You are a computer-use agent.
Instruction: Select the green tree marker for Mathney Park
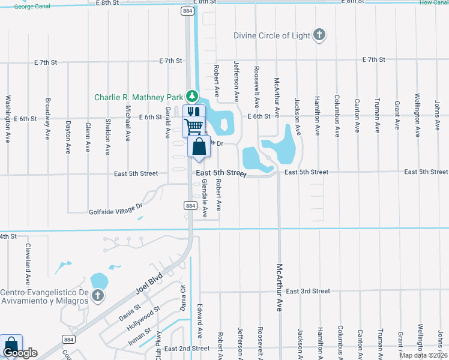[x=191, y=96]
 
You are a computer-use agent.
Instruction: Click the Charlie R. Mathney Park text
[x=138, y=97]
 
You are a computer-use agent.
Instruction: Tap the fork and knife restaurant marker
[x=194, y=112]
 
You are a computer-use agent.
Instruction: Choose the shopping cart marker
[x=193, y=126]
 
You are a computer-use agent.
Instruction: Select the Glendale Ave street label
[x=205, y=199]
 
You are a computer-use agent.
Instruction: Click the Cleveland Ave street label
[x=27, y=264]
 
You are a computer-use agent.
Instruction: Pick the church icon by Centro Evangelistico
[x=98, y=296]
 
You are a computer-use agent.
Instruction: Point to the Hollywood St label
[x=144, y=319]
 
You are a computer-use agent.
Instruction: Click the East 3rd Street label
[x=308, y=291]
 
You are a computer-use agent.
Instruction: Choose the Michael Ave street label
[x=127, y=123]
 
